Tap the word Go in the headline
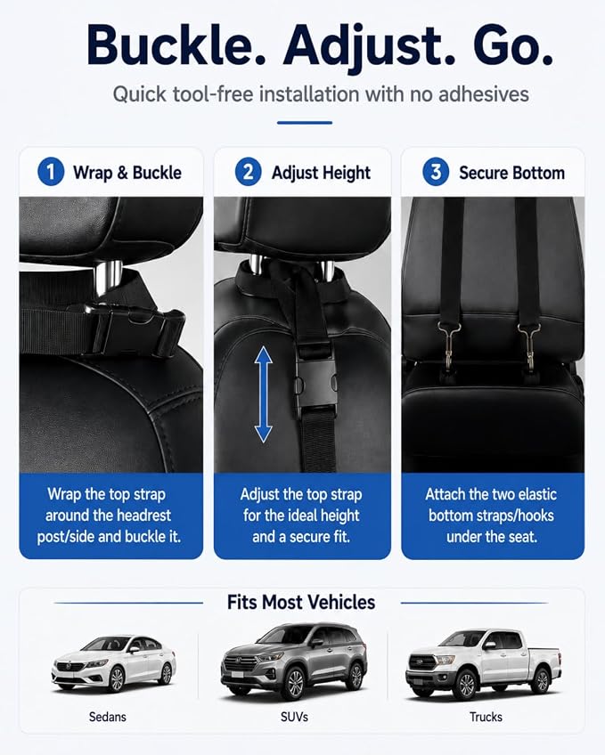(512, 45)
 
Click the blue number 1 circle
(51, 172)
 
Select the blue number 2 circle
(248, 172)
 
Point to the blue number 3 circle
(436, 172)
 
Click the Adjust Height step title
(321, 173)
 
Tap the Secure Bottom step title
(511, 173)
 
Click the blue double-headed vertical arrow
(263, 394)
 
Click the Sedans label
(108, 717)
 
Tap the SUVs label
(294, 717)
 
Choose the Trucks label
(486, 717)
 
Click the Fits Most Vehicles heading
(301, 602)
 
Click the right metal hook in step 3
(529, 345)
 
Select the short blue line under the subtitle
(305, 123)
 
